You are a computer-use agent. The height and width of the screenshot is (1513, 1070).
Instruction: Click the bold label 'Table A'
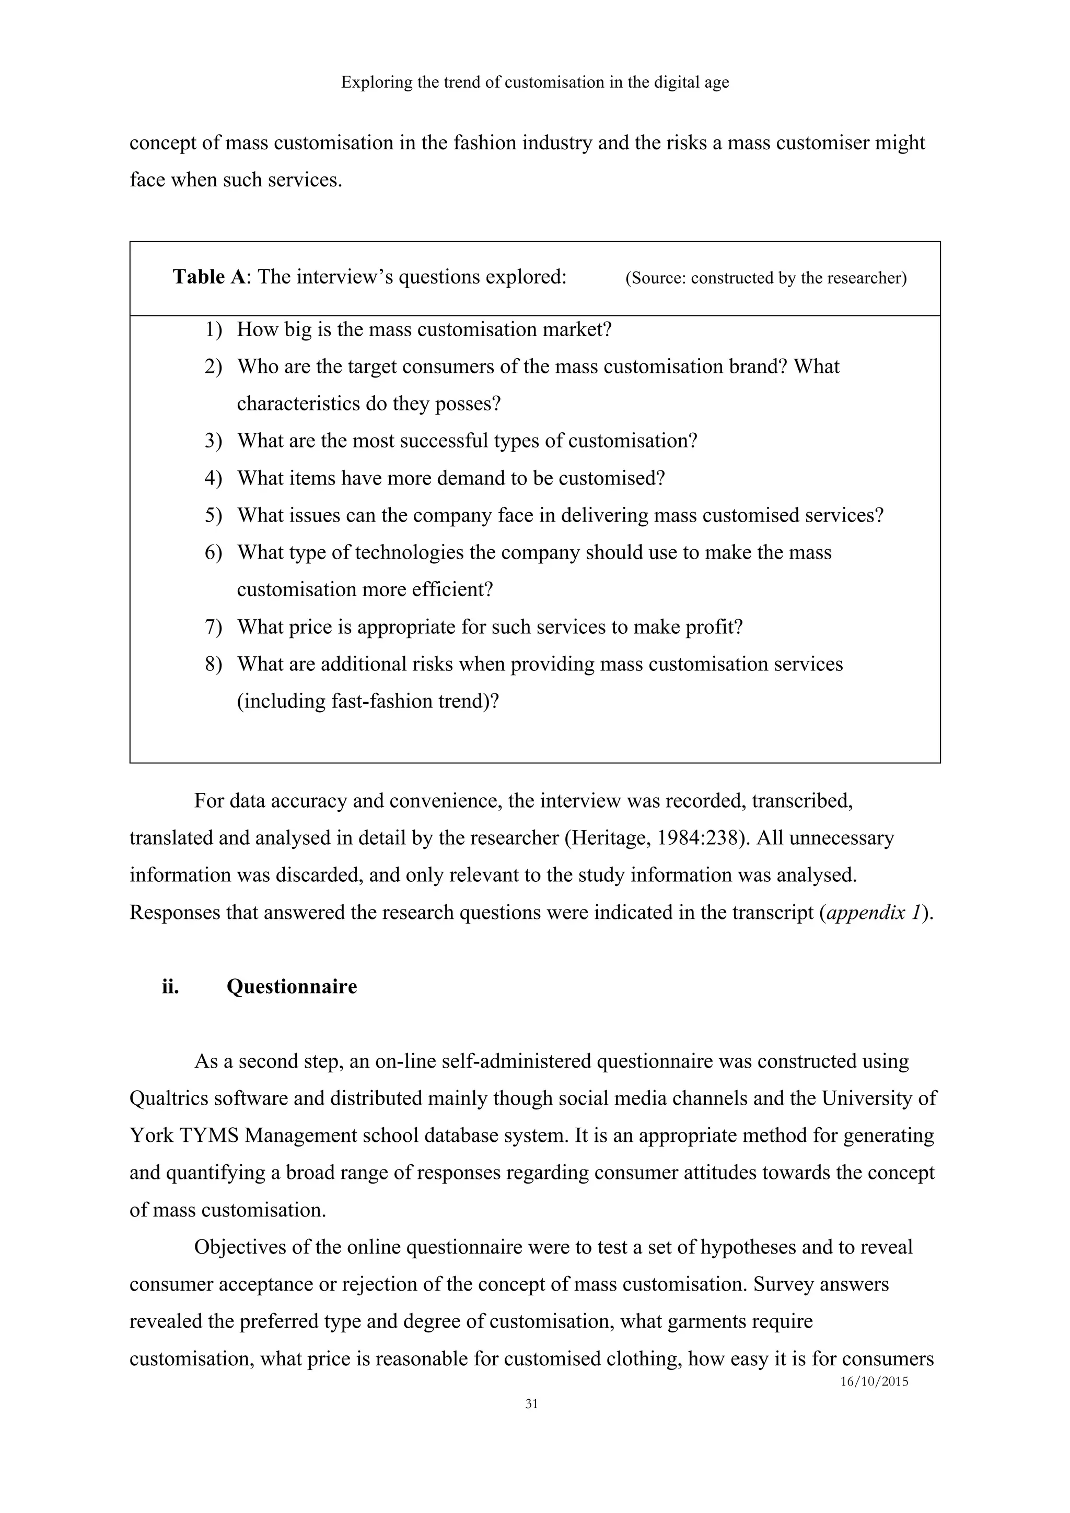(208, 277)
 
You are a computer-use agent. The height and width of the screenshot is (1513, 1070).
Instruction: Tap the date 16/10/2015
(874, 1382)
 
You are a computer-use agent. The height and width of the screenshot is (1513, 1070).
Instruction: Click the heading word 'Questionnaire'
(292, 987)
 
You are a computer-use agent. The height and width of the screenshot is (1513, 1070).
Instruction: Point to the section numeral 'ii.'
(170, 987)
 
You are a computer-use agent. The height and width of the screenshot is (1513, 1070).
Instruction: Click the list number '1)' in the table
(213, 329)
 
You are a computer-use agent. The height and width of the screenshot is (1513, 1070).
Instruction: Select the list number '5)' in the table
(213, 515)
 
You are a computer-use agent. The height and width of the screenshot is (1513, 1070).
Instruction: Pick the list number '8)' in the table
(213, 664)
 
